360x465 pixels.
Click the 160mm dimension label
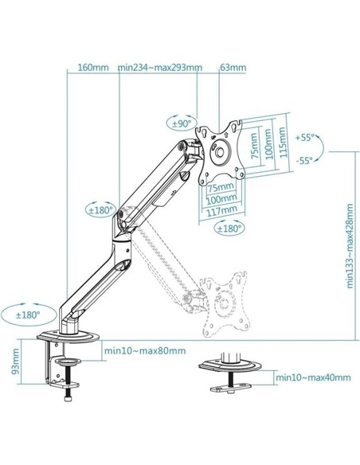tap(94, 67)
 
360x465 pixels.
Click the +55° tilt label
tap(307, 138)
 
